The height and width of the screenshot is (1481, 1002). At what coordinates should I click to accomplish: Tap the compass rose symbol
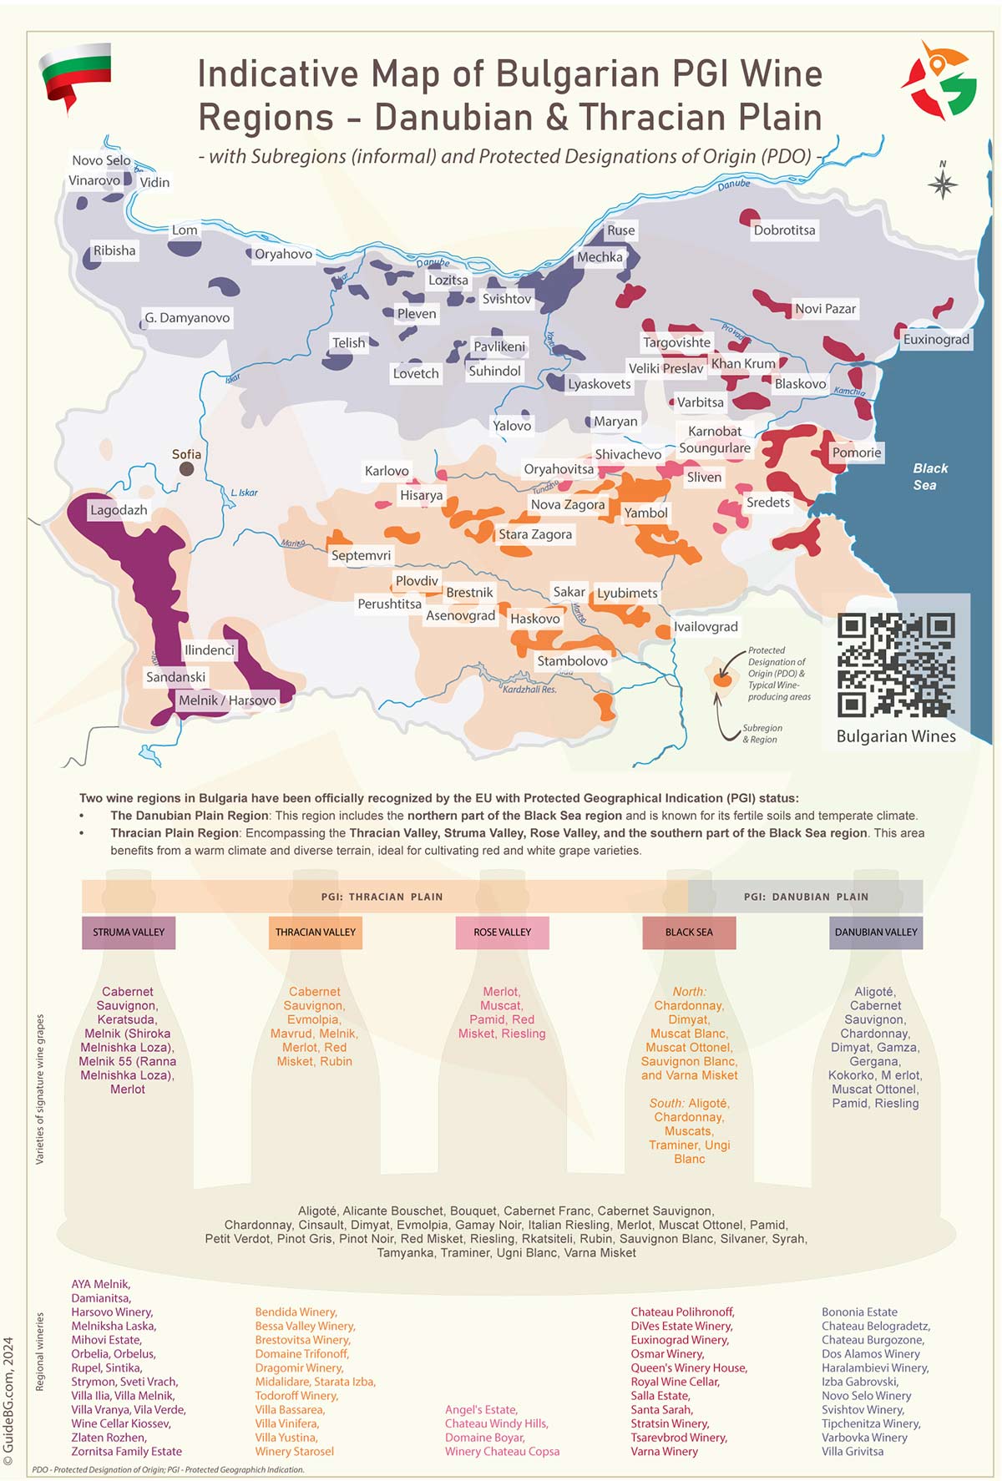943,184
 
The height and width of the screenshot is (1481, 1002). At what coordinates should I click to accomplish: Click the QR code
896,665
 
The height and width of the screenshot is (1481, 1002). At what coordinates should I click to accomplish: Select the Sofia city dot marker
187,469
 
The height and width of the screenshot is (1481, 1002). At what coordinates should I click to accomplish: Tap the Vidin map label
154,182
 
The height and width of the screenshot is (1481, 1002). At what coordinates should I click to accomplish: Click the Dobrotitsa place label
784,230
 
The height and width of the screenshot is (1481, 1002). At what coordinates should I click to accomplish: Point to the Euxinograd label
936,339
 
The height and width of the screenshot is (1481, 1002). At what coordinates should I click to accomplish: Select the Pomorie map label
856,452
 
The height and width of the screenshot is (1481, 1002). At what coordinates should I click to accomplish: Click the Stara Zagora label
535,534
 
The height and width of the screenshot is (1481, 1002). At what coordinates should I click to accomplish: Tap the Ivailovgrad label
706,627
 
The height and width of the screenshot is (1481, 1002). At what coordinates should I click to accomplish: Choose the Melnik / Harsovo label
227,700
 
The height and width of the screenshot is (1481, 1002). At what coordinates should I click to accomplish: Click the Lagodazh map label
119,510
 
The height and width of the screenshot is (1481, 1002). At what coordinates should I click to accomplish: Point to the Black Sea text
929,477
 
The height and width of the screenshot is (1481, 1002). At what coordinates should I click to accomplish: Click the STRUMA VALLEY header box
129,933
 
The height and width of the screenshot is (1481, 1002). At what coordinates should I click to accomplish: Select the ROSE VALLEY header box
502,933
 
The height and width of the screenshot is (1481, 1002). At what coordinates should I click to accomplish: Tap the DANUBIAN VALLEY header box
876,933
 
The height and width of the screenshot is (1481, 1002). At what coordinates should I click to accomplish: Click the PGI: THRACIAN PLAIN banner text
382,897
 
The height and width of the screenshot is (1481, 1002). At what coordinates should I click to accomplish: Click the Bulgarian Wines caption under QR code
896,736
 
